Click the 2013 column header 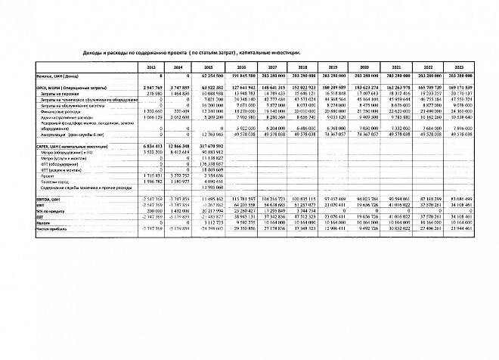coord(152,68)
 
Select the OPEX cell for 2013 coord(152,88)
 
